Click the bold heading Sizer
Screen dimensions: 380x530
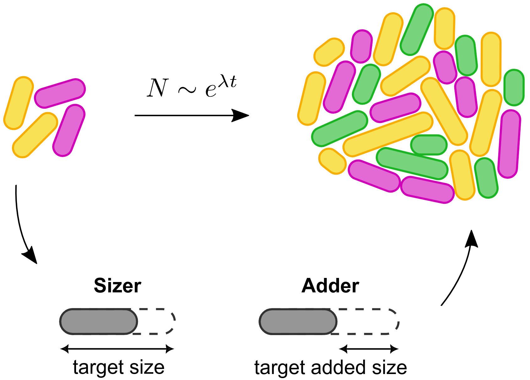pos(117,286)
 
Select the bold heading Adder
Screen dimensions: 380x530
pos(330,286)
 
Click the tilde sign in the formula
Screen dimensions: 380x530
pos(186,90)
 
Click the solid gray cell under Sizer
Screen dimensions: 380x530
pos(98,322)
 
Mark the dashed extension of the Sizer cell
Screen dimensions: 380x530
pos(157,322)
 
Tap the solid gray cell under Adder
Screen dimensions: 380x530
pos(298,322)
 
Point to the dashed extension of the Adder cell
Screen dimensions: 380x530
pos(368,322)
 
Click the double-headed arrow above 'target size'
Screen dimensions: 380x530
pos(117,349)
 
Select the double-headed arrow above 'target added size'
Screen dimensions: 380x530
pos(369,349)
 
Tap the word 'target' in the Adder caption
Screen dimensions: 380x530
pos(280,367)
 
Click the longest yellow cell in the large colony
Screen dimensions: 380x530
pos(388,134)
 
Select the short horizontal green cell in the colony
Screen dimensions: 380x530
pos(429,145)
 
